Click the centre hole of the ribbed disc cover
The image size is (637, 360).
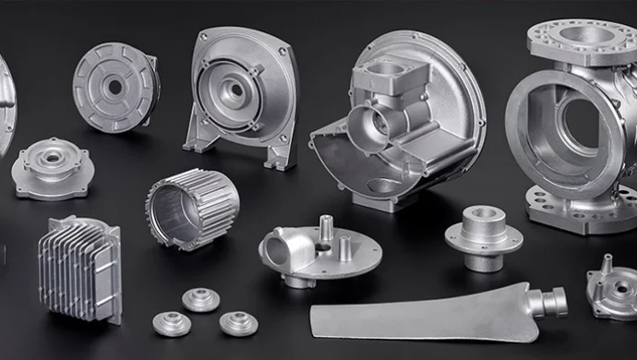click(x=114, y=87)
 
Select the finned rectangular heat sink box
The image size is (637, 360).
click(x=79, y=268)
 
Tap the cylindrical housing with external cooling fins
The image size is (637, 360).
click(x=191, y=207)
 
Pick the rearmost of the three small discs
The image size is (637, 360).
click(x=200, y=300)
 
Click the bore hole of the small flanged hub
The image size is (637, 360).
click(x=483, y=216)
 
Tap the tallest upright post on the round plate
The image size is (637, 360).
click(x=326, y=229)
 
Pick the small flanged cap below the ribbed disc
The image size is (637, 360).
click(x=53, y=169)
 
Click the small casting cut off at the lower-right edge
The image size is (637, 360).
click(x=614, y=290)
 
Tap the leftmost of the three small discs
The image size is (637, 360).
click(x=172, y=324)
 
